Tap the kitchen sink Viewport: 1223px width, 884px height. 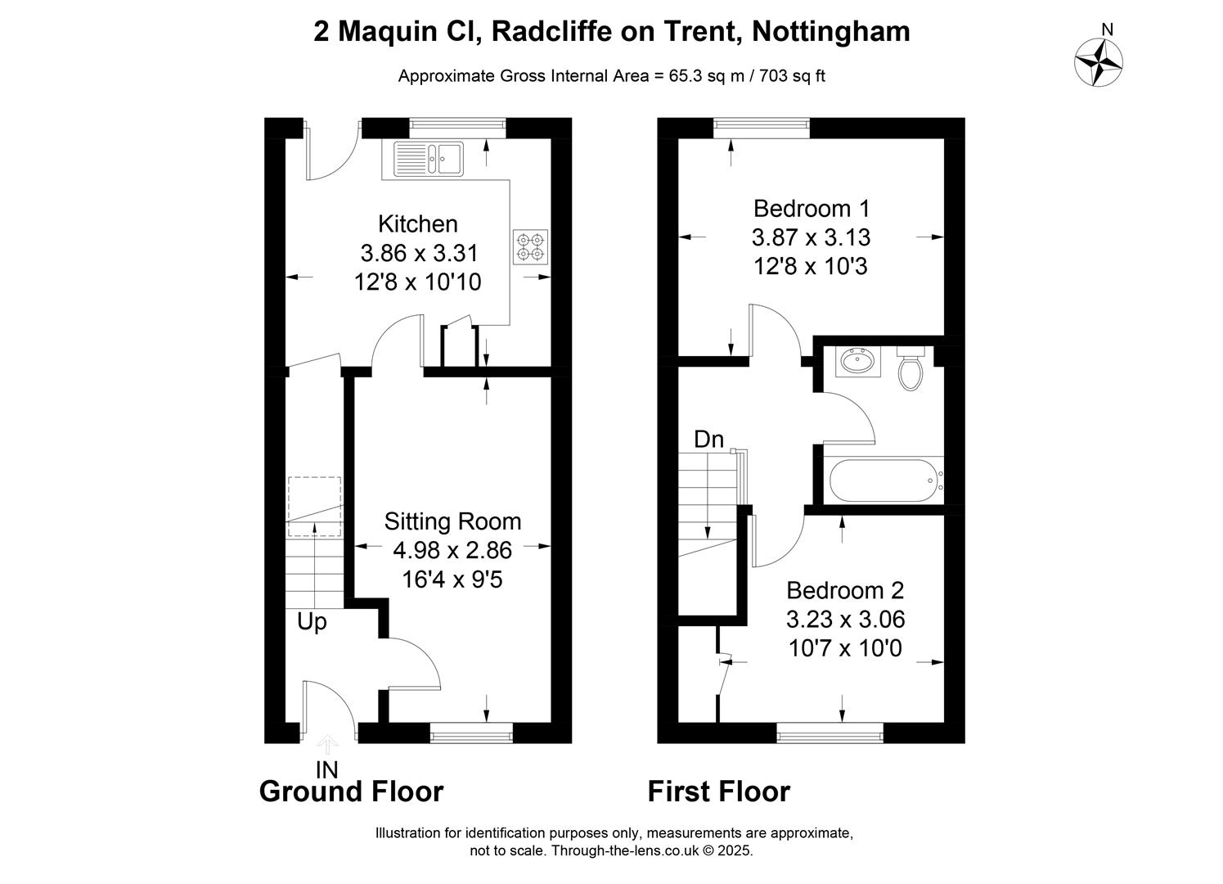[x=429, y=159]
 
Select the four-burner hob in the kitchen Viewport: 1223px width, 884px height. [x=530, y=247]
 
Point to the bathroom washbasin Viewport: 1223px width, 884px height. [x=858, y=361]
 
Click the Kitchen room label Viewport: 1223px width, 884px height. [x=418, y=224]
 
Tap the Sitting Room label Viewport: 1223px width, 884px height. [x=452, y=521]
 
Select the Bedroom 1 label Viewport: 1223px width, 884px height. [x=812, y=209]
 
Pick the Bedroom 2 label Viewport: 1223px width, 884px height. [x=845, y=591]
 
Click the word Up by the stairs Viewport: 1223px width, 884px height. [x=312, y=622]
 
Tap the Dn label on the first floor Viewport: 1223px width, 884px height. [x=708, y=440]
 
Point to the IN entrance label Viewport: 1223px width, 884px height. [x=327, y=770]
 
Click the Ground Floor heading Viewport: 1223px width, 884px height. [x=351, y=792]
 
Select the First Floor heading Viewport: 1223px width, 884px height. [x=718, y=792]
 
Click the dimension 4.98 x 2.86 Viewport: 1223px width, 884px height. [x=452, y=550]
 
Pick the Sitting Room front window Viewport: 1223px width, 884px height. [x=471, y=733]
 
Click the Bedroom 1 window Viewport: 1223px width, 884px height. [x=762, y=128]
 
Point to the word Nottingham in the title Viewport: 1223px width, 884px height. [x=831, y=32]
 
